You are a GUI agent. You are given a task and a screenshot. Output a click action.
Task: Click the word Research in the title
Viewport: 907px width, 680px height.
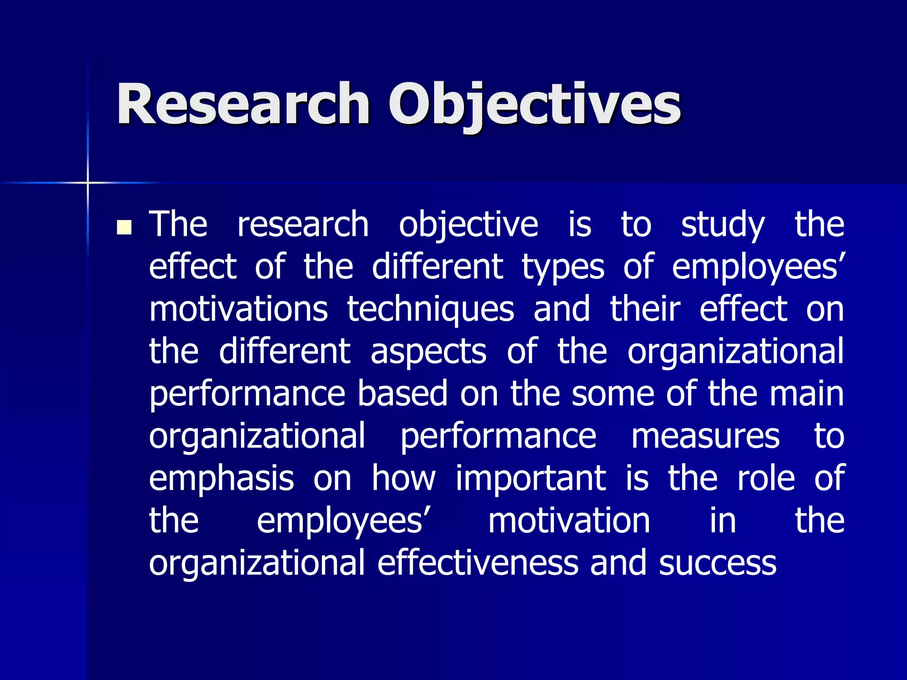click(243, 104)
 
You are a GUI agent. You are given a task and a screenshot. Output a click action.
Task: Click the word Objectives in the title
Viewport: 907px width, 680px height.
click(534, 104)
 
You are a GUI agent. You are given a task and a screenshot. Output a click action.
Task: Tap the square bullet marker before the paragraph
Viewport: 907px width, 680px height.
click(124, 227)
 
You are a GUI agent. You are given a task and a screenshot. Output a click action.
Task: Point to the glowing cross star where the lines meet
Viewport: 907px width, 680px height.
click(88, 182)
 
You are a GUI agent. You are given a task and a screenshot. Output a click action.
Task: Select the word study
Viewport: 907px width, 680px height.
click(722, 225)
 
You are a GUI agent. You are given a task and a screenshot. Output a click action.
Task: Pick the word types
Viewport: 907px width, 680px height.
click(562, 267)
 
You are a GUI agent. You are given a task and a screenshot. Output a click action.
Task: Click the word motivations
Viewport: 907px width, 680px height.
click(238, 309)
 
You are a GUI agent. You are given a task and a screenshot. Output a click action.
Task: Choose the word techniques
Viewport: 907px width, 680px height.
click(430, 309)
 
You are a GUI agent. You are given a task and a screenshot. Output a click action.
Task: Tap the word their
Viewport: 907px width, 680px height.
click(645, 309)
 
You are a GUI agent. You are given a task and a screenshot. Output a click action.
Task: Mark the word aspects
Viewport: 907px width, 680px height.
click(428, 352)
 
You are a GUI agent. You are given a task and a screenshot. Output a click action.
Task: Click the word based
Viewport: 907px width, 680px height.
click(403, 394)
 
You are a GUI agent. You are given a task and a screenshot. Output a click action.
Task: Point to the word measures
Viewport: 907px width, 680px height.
click(705, 436)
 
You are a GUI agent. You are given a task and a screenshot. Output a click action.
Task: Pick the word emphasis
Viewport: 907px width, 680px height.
click(221, 479)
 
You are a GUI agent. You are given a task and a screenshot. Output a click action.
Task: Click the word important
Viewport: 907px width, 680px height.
click(531, 479)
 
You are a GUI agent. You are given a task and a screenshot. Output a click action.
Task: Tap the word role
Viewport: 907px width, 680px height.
click(766, 479)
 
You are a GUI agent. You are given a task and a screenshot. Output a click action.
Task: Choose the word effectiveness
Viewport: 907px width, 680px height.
click(478, 563)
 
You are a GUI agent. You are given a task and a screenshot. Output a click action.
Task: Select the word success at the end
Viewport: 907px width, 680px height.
click(717, 563)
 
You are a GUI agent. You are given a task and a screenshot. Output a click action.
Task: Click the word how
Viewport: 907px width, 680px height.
click(403, 479)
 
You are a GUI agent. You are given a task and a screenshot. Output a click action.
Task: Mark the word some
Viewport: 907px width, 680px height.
click(613, 394)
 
